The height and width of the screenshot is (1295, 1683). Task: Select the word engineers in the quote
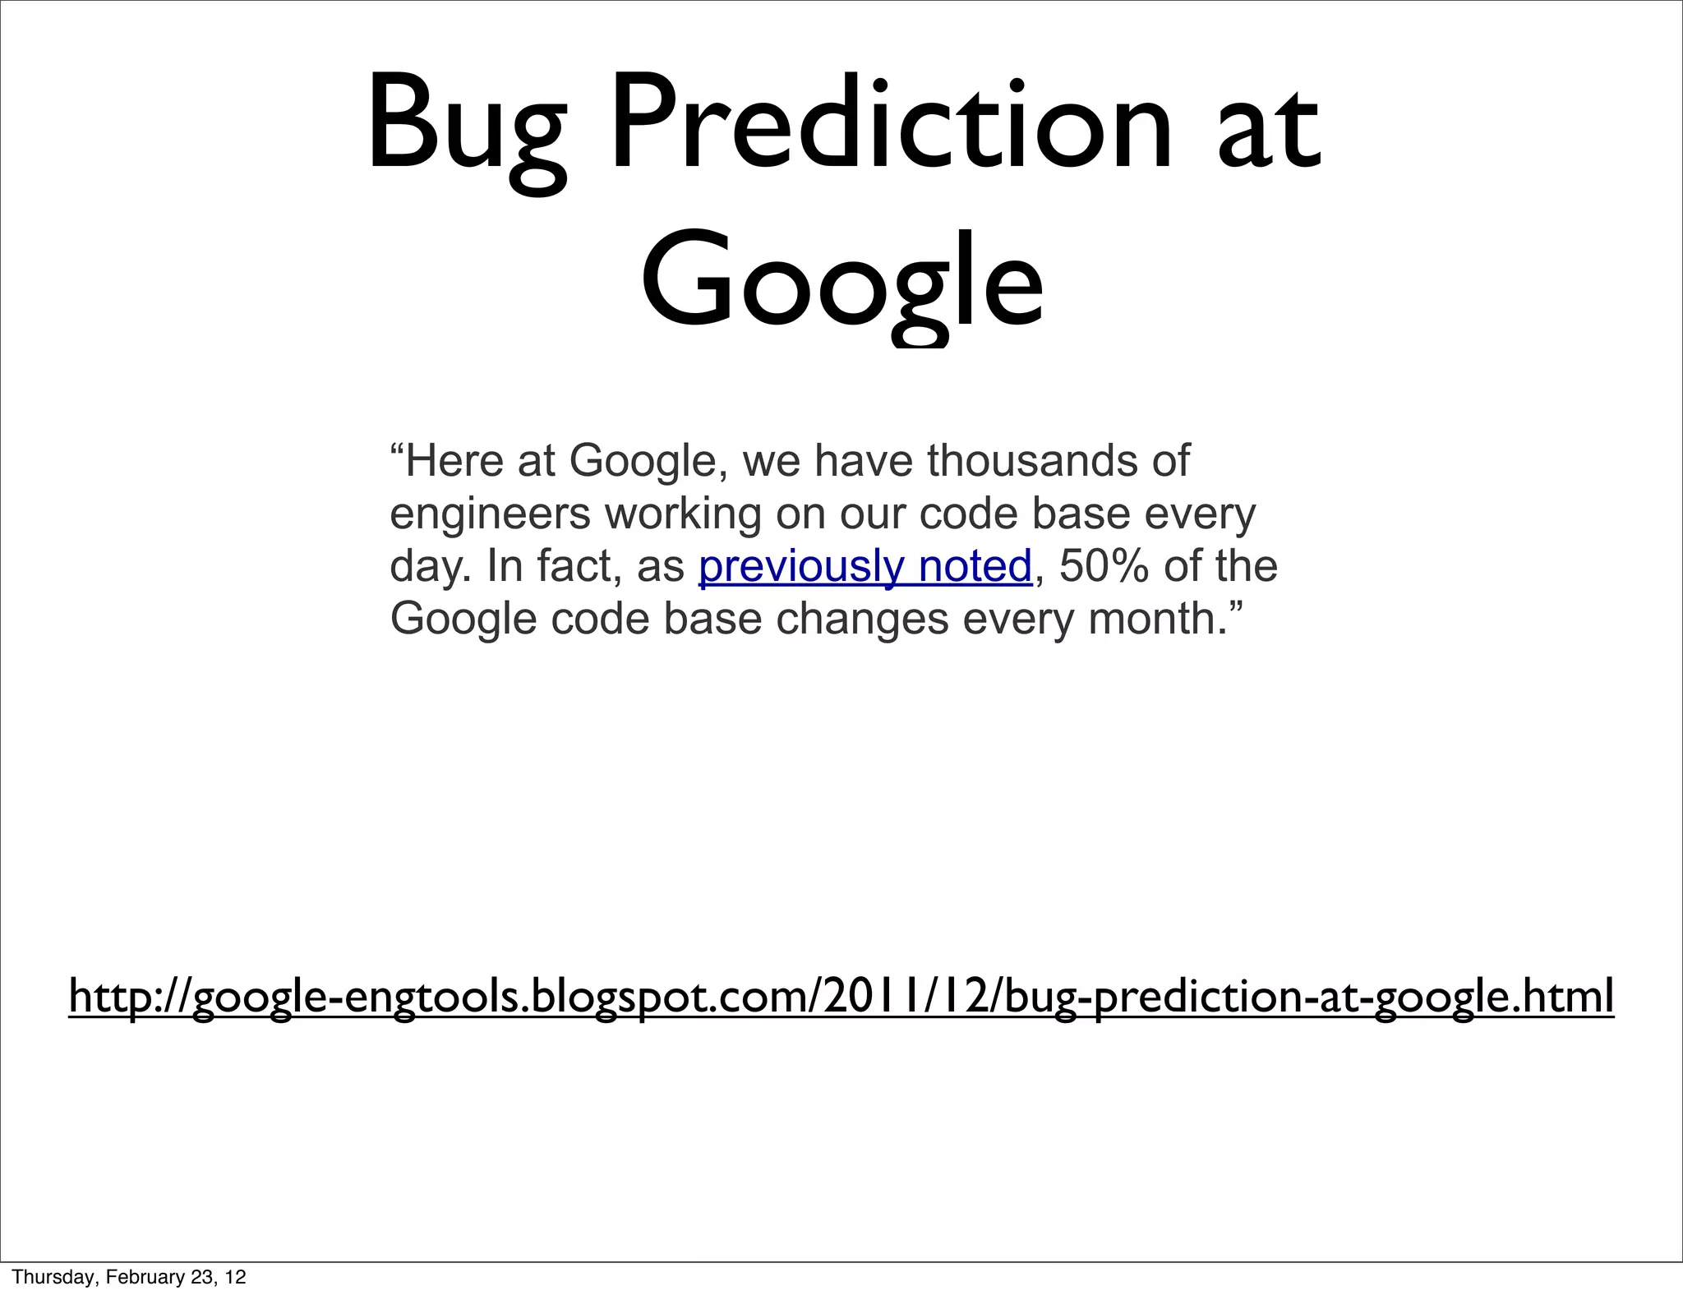490,515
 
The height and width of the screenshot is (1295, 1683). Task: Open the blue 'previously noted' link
865,567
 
